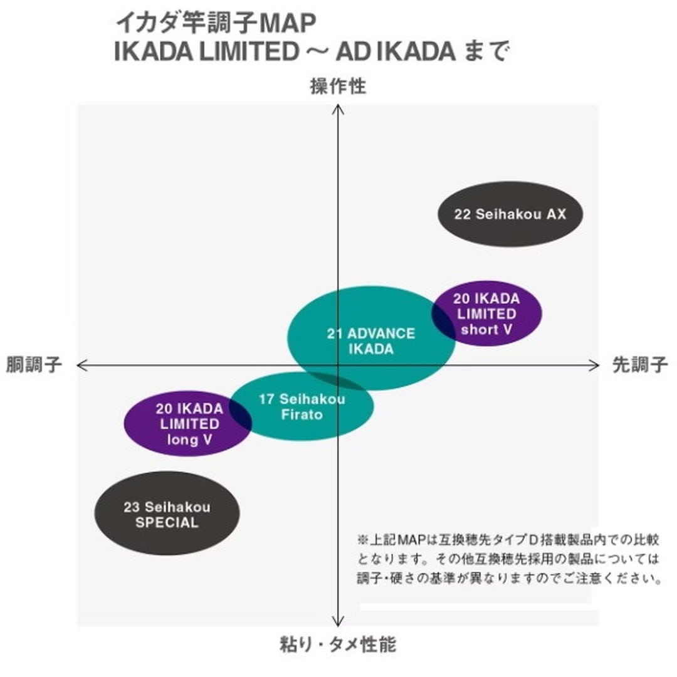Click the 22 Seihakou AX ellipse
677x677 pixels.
[510, 214]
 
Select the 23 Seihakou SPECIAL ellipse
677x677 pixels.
[167, 513]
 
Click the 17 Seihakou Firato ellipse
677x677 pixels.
[302, 406]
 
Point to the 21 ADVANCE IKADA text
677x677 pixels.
[370, 341]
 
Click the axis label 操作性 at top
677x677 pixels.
[338, 87]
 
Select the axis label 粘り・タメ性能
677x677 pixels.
[338, 644]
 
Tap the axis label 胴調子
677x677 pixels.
[34, 365]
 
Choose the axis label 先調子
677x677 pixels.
[639, 365]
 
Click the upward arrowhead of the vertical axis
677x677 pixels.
[338, 108]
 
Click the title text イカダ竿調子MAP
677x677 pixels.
[216, 23]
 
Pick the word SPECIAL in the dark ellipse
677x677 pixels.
[167, 522]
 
